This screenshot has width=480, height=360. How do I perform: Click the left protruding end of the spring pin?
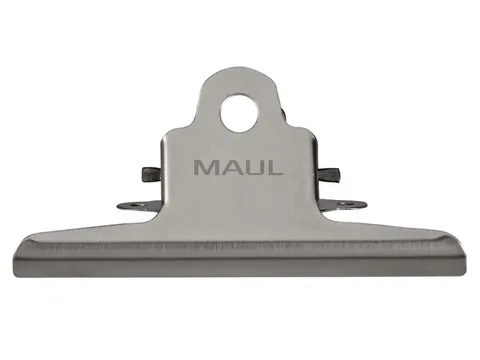pos(148,173)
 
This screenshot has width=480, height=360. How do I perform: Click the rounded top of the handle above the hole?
pos(239,78)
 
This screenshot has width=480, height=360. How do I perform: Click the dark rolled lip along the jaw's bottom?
pos(240,268)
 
